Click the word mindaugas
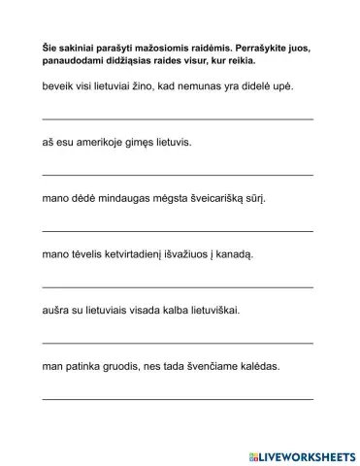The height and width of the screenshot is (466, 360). click(120, 199)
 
